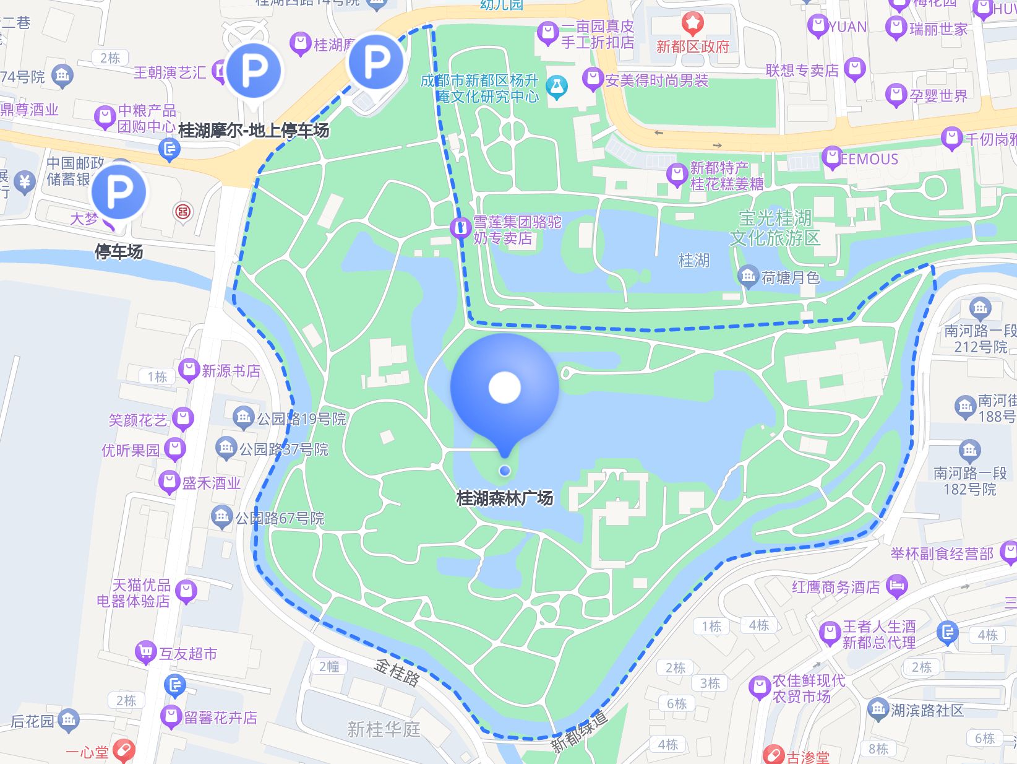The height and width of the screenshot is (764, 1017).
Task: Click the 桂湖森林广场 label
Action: [504, 498]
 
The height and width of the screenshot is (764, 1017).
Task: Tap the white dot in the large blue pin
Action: [505, 388]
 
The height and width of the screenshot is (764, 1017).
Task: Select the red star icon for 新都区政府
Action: [692, 24]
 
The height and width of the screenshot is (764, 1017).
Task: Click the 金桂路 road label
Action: [397, 672]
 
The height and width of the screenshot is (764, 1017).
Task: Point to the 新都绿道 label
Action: [579, 732]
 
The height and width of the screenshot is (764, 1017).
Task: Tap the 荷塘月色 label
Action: [790, 278]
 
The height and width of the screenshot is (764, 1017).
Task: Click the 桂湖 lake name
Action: [693, 261]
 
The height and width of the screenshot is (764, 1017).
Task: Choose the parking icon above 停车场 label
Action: [119, 192]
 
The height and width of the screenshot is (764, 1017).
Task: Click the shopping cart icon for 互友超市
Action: [145, 652]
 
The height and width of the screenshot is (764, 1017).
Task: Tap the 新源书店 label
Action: [231, 371]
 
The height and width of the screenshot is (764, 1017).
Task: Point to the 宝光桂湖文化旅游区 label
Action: [775, 228]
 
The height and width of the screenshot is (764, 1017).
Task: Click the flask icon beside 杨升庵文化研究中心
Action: [556, 88]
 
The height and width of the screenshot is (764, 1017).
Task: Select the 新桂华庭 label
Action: [384, 729]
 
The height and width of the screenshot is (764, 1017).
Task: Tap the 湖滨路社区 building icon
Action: [877, 710]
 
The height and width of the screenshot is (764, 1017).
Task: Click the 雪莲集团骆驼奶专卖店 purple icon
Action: [460, 228]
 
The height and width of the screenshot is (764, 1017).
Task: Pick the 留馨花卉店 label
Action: [220, 718]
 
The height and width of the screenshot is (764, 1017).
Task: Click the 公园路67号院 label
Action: [280, 518]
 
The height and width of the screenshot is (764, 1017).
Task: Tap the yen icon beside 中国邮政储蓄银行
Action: [25, 182]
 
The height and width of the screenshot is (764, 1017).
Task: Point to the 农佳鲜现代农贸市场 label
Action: [808, 688]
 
